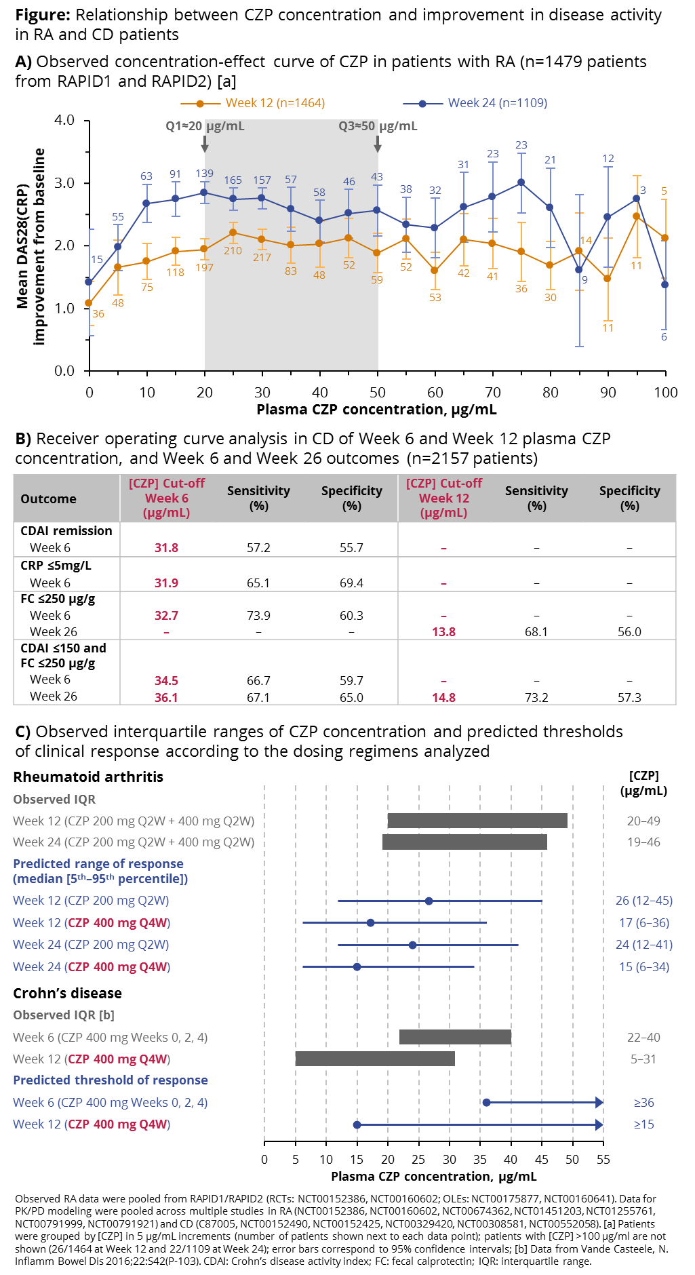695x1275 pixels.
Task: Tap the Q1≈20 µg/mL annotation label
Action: click(x=205, y=126)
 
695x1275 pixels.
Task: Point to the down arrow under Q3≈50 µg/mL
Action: click(x=378, y=144)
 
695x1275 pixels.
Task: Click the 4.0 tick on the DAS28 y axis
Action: click(x=64, y=120)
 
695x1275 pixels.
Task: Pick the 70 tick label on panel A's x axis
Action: click(x=493, y=393)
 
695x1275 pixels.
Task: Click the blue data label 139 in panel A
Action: click(x=204, y=174)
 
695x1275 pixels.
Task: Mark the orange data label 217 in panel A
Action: click(x=262, y=258)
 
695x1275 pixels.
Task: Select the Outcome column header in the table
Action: click(x=48, y=499)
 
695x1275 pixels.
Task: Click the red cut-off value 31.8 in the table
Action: click(x=166, y=548)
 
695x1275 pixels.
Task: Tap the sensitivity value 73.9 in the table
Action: click(x=258, y=616)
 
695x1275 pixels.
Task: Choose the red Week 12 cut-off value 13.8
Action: click(x=443, y=632)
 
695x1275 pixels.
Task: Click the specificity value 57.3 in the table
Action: click(x=629, y=698)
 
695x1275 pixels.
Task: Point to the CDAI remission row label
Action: click(x=66, y=531)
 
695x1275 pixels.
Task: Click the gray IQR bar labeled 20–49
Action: click(x=477, y=821)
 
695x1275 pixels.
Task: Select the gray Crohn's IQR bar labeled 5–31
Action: click(x=375, y=1059)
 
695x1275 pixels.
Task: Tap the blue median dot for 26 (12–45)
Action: click(x=429, y=901)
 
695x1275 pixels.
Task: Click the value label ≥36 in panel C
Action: click(x=643, y=1103)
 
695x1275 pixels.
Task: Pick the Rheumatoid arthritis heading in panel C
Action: click(x=88, y=777)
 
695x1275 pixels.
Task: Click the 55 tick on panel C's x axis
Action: click(x=603, y=1160)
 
